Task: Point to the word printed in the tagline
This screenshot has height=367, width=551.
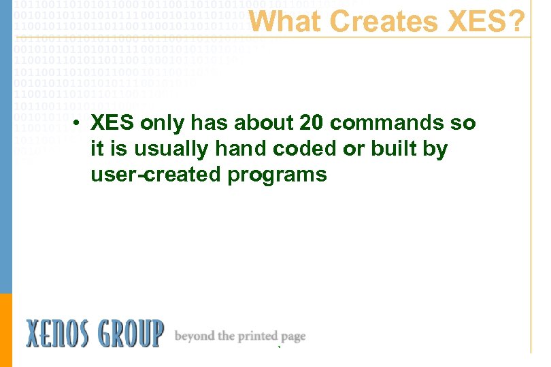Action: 258,336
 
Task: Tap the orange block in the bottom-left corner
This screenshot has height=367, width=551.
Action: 6,330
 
